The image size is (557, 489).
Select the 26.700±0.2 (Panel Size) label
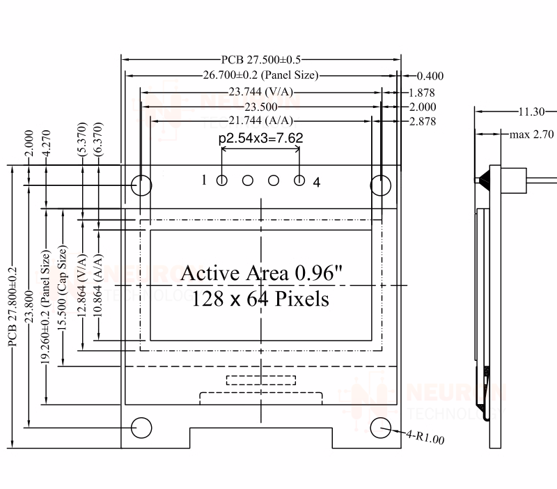[x=260, y=75]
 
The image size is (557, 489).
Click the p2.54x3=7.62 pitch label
[x=260, y=138]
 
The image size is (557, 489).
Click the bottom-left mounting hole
[x=142, y=427]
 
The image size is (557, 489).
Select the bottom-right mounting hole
[x=381, y=428]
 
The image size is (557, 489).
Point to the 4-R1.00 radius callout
[x=425, y=437]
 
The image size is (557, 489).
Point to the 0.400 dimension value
[x=430, y=76]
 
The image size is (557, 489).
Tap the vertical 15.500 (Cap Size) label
[x=64, y=293]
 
